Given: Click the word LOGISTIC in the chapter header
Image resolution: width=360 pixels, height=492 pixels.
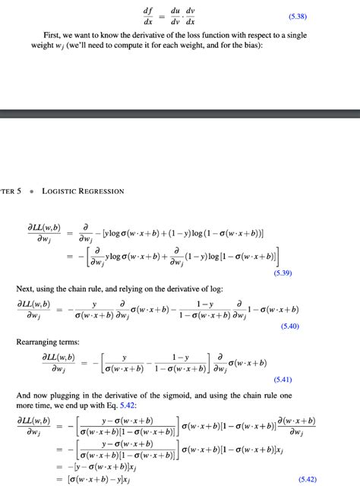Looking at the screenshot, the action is click(x=58, y=191).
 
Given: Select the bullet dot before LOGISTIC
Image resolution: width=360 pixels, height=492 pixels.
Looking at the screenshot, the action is click(x=31, y=191).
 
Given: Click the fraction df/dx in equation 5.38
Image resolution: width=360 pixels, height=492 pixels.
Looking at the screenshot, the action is click(x=148, y=16).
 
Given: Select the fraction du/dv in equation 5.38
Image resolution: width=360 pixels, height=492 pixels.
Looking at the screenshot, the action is click(x=175, y=16).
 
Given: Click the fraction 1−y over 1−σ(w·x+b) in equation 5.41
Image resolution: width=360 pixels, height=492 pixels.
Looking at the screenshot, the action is click(x=179, y=362).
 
